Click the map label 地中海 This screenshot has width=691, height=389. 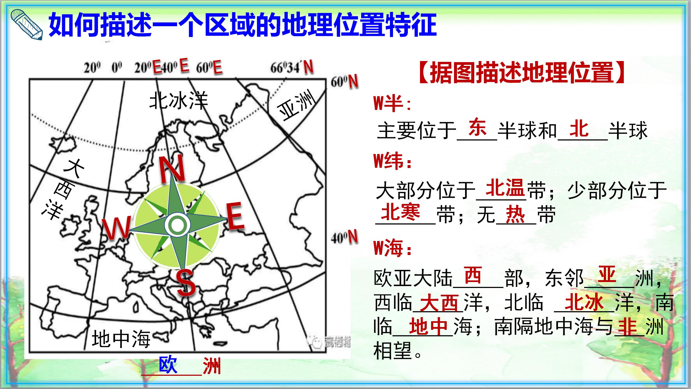tap(121, 339)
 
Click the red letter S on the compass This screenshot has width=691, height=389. tap(186, 283)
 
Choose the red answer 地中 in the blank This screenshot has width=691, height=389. tap(429, 326)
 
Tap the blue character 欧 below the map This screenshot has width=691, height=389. tap(168, 365)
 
